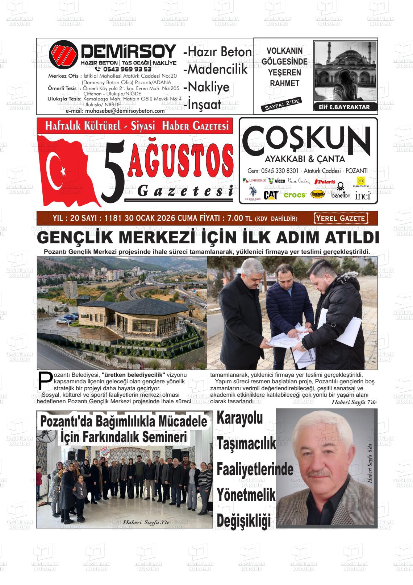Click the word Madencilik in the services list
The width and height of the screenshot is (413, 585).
click(216, 69)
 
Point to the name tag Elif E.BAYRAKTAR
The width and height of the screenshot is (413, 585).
click(344, 107)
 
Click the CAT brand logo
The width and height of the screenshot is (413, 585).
click(271, 195)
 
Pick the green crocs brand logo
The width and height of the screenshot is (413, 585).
click(295, 195)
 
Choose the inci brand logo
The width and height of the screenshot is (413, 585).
click(363, 196)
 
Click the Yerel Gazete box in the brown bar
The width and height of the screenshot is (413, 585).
click(341, 218)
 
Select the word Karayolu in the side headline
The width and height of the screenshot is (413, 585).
click(239, 418)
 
